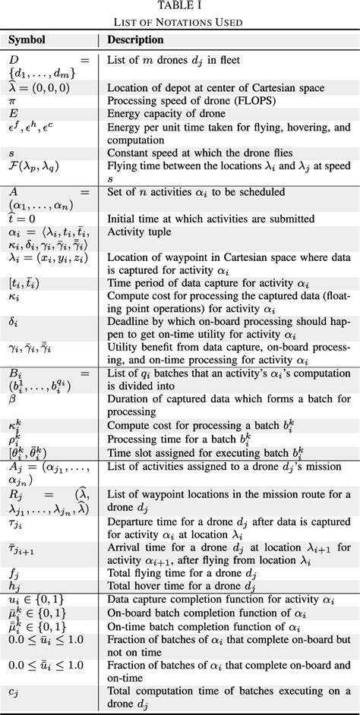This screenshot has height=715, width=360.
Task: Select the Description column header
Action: click(x=134, y=39)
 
